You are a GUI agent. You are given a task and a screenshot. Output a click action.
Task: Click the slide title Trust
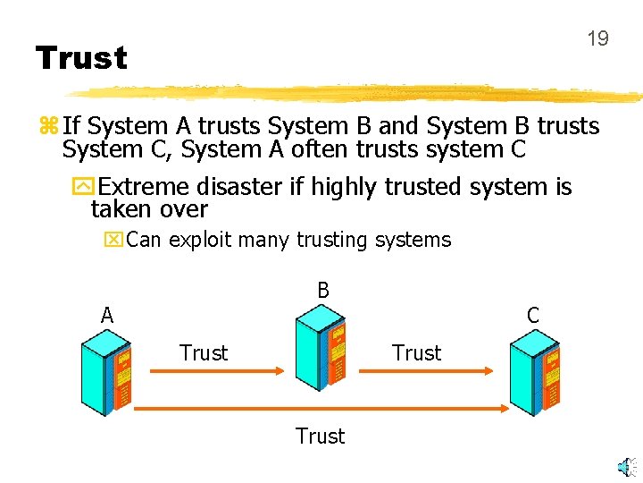point(81,59)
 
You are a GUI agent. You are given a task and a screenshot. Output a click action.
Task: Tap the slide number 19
point(597,38)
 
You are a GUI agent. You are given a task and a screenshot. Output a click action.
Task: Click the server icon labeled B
point(321,344)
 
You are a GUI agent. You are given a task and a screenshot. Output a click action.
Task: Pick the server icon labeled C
point(535,370)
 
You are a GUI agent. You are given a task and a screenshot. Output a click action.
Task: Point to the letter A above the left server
point(107,315)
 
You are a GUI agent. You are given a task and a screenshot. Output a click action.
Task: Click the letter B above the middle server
point(323,290)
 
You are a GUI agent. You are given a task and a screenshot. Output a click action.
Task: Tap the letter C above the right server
point(533,315)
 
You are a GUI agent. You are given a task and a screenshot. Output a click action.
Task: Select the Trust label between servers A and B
point(204,353)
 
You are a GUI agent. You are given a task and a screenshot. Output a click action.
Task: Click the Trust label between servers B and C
point(417,353)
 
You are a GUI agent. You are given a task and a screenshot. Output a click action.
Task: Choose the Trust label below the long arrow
point(320,436)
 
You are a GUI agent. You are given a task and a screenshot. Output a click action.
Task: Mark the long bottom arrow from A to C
point(321,408)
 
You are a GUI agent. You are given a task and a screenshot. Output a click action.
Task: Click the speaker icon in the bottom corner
point(629,466)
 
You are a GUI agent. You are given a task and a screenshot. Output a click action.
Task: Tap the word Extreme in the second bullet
point(147,187)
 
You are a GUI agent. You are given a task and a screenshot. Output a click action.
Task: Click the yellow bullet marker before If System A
point(46,127)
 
